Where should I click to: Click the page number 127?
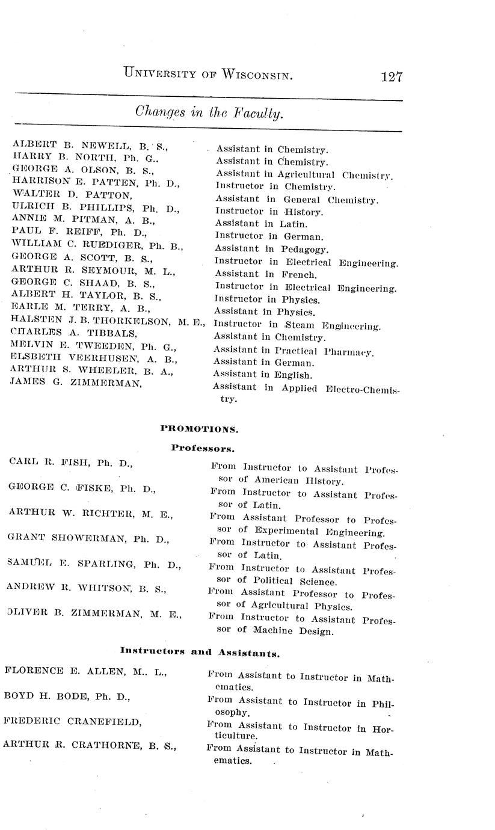[x=391, y=77]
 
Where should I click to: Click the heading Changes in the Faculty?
[x=209, y=112]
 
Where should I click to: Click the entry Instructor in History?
[x=269, y=212]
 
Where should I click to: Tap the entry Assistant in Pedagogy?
[x=271, y=249]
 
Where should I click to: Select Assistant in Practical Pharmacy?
[x=293, y=351]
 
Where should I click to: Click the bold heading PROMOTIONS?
[x=199, y=429]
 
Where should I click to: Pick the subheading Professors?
[x=203, y=447]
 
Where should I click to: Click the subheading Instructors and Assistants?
[x=200, y=651]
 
